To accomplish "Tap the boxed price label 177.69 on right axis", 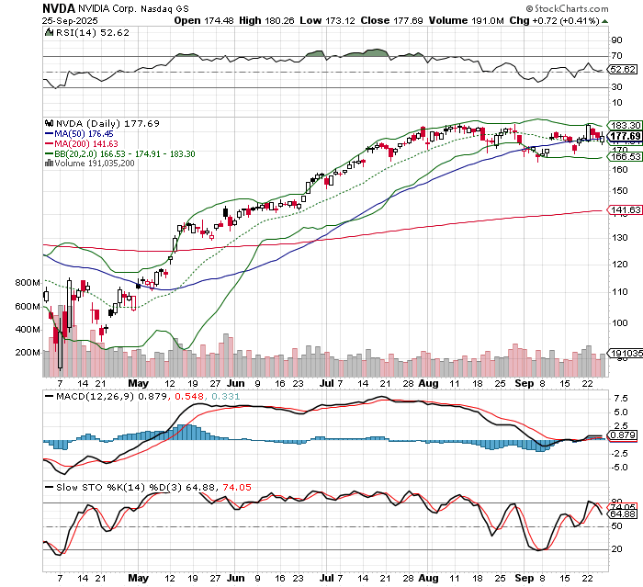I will pyautogui.click(x=624, y=137).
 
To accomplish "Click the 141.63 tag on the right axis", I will pyautogui.click(x=624, y=210).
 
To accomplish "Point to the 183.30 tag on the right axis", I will pyautogui.click(x=624, y=124).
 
